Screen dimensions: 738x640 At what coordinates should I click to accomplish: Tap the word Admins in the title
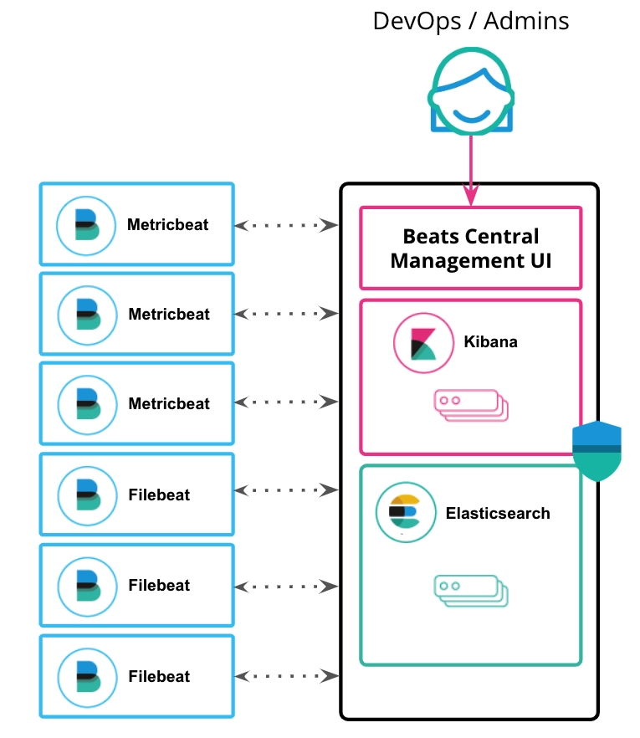(x=525, y=20)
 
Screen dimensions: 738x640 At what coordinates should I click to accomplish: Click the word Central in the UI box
(x=501, y=237)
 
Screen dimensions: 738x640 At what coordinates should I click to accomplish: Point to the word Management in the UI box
(x=455, y=260)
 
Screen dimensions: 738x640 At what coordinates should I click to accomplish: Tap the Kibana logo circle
(x=423, y=342)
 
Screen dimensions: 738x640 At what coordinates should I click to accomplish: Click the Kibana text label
(x=490, y=342)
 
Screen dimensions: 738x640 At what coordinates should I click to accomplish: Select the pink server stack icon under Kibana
(x=470, y=404)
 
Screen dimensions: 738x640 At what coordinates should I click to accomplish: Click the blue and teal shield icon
(x=596, y=451)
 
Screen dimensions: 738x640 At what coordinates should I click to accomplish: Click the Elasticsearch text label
(x=498, y=513)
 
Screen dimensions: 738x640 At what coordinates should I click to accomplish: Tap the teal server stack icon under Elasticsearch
(x=470, y=590)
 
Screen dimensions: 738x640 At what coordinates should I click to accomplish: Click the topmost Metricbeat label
(x=167, y=224)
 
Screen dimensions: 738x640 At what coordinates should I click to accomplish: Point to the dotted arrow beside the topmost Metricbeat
(x=286, y=225)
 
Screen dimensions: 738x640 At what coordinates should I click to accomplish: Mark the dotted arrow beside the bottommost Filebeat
(x=286, y=675)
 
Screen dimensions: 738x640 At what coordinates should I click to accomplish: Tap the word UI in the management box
(x=536, y=260)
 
